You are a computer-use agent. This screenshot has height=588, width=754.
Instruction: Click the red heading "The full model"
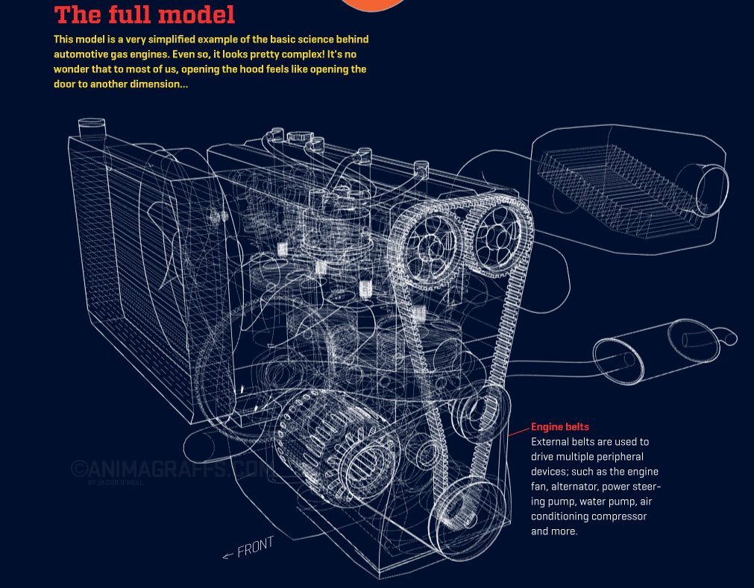(x=145, y=15)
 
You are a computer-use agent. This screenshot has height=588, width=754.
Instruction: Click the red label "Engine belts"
(x=559, y=427)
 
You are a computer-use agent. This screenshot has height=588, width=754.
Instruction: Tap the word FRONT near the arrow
(x=255, y=548)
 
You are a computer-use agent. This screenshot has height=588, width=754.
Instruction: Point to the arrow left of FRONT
(x=228, y=554)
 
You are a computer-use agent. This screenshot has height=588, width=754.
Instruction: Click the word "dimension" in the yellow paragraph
(x=153, y=84)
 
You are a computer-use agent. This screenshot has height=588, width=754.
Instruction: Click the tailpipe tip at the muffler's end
(x=730, y=339)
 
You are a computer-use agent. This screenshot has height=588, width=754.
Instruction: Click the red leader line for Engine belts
(x=519, y=431)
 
